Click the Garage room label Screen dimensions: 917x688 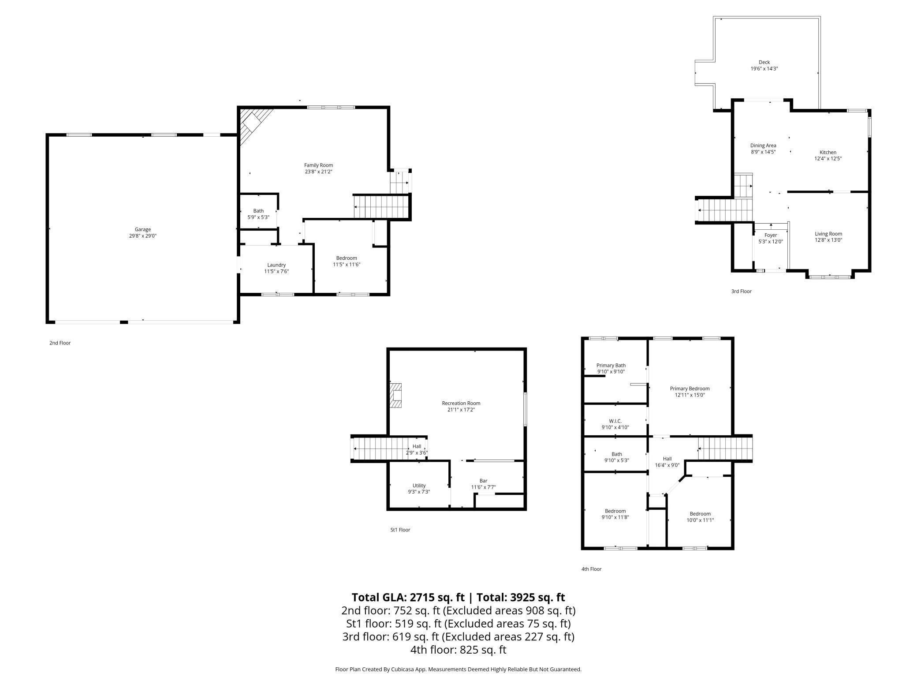click(x=143, y=229)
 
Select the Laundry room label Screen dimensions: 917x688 click(x=276, y=265)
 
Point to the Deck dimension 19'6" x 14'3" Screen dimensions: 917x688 click(x=764, y=69)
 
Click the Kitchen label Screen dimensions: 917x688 click(x=828, y=153)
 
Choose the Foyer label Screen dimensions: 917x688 click(x=771, y=235)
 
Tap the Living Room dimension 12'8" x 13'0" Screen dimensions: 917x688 click(x=828, y=240)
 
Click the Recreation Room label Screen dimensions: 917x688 click(x=461, y=403)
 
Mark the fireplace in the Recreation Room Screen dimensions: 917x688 click(x=395, y=395)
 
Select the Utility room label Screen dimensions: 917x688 click(x=419, y=486)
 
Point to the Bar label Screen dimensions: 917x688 click(x=484, y=481)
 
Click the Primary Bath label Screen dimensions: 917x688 click(x=611, y=366)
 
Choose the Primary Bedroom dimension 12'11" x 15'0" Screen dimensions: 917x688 click(x=690, y=395)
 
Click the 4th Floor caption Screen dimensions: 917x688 click(x=591, y=569)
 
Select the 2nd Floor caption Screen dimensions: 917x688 click(x=60, y=343)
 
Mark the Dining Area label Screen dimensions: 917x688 click(x=763, y=146)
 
